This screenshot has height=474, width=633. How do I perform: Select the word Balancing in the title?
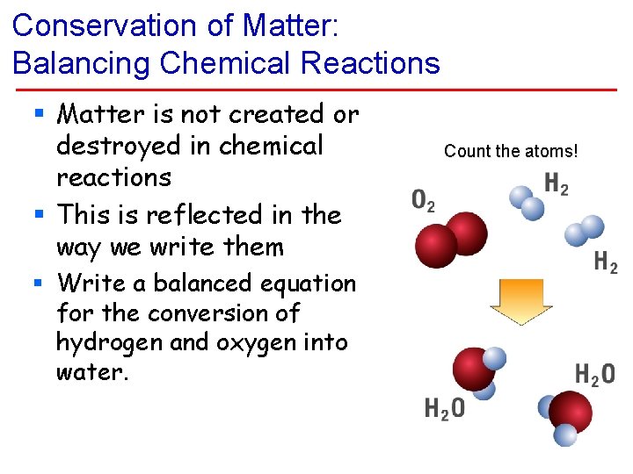point(78,63)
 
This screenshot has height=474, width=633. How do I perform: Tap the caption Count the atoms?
point(511,151)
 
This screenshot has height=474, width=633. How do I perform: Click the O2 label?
point(423,201)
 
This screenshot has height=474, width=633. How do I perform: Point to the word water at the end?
point(92,372)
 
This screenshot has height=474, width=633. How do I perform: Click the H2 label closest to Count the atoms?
point(557,184)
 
